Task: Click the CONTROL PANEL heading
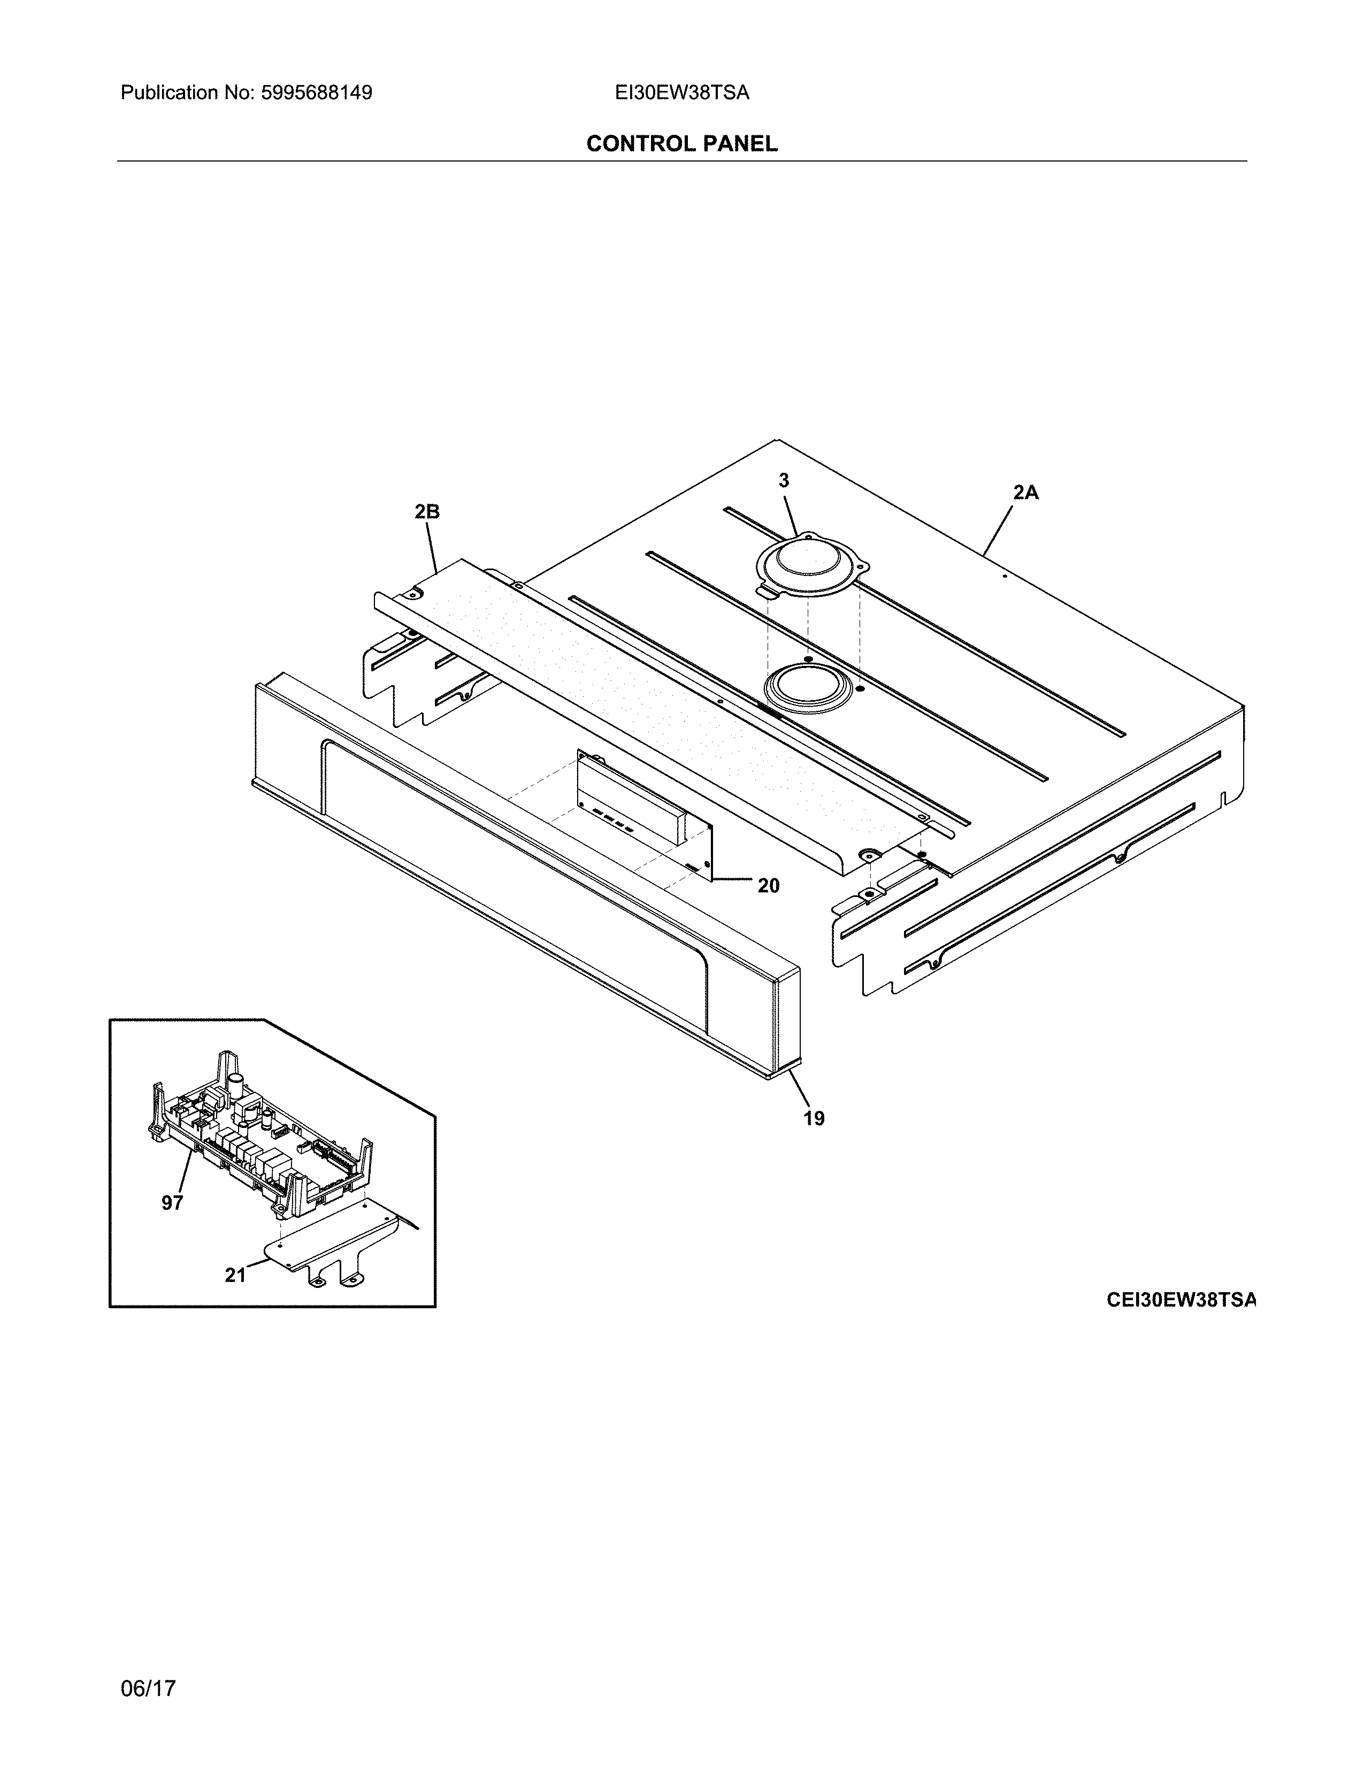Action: (681, 144)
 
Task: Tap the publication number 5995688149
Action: (316, 93)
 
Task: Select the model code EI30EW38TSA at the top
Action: (681, 93)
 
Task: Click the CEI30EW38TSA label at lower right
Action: (1182, 1300)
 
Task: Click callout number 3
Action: (783, 481)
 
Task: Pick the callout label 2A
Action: (1025, 492)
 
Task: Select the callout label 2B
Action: (427, 511)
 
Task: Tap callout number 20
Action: (769, 886)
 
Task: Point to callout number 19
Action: (814, 1118)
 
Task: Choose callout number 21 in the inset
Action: (235, 1275)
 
